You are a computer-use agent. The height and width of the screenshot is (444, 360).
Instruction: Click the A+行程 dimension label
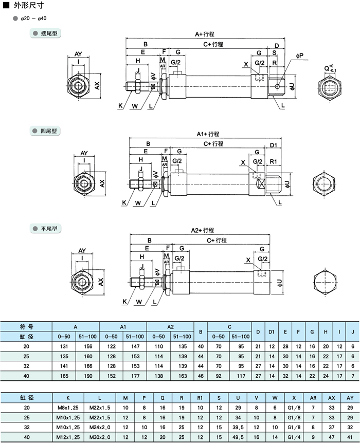pyautogui.click(x=204, y=34)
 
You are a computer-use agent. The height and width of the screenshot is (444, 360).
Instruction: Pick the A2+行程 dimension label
pyautogui.click(x=202, y=231)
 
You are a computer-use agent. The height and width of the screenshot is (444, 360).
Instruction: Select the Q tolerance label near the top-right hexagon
pyautogui.click(x=329, y=68)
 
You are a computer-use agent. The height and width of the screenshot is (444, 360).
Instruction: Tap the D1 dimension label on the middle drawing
pyautogui.click(x=274, y=144)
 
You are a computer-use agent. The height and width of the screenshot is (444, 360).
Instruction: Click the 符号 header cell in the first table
pyautogui.click(x=26, y=326)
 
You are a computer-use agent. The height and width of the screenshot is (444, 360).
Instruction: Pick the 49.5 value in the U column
pyautogui.click(x=238, y=437)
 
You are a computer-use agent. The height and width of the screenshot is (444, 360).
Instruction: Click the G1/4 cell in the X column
pyautogui.click(x=294, y=437)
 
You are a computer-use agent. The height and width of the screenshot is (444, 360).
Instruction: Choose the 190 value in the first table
pyautogui.click(x=87, y=375)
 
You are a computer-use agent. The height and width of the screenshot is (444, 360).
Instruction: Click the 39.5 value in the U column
pyautogui.click(x=238, y=427)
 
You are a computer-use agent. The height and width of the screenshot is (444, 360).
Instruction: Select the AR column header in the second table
pyautogui.click(x=313, y=397)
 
